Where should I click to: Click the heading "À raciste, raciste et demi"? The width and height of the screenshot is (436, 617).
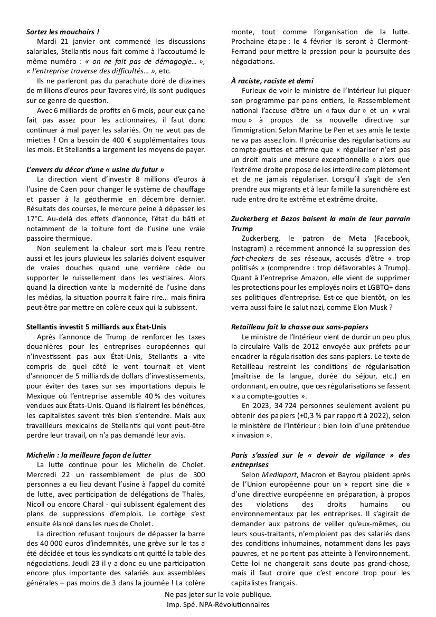click(272, 81)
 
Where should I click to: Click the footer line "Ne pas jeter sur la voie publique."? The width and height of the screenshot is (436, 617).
click(217, 594)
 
